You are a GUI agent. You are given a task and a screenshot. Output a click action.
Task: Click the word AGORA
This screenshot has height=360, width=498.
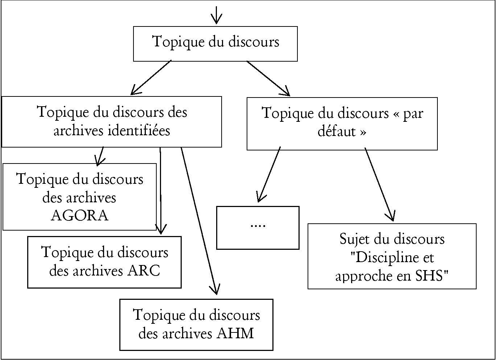pyautogui.click(x=79, y=215)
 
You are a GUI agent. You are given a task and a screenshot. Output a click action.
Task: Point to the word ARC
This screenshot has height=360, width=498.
pyautogui.click(x=144, y=270)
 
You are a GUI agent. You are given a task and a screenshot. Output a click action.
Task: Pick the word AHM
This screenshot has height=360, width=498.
pyautogui.click(x=235, y=333)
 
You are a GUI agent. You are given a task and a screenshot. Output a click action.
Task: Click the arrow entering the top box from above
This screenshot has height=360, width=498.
pyautogui.click(x=216, y=15)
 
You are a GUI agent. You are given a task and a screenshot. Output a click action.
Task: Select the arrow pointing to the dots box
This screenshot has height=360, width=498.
pyautogui.click(x=268, y=174)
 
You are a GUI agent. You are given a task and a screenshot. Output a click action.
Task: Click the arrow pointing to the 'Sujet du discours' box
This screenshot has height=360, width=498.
pyautogui.click(x=379, y=185)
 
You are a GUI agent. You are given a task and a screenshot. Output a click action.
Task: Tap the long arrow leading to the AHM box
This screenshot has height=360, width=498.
pyautogui.click(x=199, y=221)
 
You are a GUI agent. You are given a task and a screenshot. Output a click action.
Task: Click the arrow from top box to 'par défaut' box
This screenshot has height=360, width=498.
pyautogui.click(x=268, y=78)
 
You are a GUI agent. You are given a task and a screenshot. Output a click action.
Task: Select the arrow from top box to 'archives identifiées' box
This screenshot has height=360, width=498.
pyautogui.click(x=151, y=78)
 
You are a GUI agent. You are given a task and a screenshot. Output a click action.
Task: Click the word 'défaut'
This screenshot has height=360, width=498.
pyautogui.click(x=337, y=131)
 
